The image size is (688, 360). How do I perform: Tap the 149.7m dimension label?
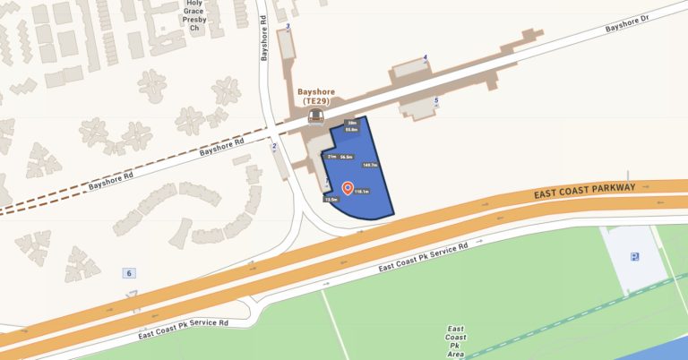(369, 165)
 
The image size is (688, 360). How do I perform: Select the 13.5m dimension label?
(331, 199)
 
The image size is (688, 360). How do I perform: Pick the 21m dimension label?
(331, 156)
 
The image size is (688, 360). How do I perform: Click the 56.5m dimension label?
(346, 156)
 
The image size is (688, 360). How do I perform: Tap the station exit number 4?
(426, 57)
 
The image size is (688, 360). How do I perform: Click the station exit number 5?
(436, 100)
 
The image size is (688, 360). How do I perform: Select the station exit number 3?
(288, 28)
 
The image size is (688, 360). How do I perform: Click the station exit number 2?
(274, 145)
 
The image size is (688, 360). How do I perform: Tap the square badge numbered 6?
(130, 272)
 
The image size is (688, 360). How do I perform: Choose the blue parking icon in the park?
(634, 257)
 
